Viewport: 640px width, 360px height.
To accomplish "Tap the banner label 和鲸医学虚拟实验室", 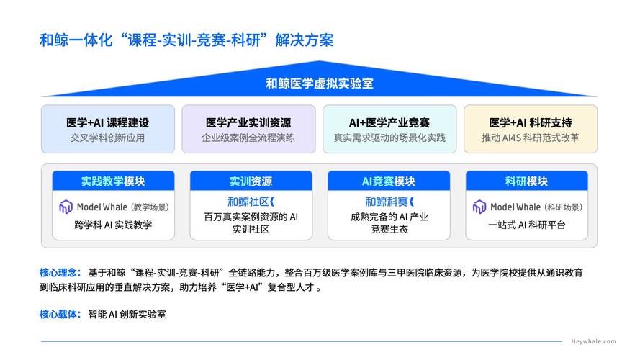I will pyautogui.click(x=320, y=84).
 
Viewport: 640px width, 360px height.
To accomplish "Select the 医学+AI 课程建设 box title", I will pyautogui.click(x=107, y=122).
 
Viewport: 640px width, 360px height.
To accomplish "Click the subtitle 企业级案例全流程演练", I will pyautogui.click(x=248, y=138).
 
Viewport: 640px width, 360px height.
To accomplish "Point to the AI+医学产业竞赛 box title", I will pyautogui.click(x=389, y=122).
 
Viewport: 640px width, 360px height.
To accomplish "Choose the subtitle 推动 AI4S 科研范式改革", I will pyautogui.click(x=531, y=138).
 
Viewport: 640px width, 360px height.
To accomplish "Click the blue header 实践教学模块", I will pyautogui.click(x=113, y=181).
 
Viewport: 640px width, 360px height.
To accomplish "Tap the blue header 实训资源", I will pyautogui.click(x=251, y=181).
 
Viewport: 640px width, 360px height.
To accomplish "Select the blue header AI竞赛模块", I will pyautogui.click(x=389, y=181).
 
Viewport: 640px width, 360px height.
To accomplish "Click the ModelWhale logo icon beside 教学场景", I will pyautogui.click(x=66, y=207).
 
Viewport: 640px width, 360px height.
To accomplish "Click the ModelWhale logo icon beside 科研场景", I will pyautogui.click(x=479, y=207).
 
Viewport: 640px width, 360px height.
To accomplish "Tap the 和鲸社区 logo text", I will pyautogui.click(x=251, y=202).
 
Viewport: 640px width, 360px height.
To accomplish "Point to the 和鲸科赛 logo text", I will pyautogui.click(x=389, y=202).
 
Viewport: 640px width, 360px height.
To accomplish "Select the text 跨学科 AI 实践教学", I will pyautogui.click(x=113, y=225).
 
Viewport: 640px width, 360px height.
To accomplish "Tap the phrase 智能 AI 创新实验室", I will pyautogui.click(x=127, y=314).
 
